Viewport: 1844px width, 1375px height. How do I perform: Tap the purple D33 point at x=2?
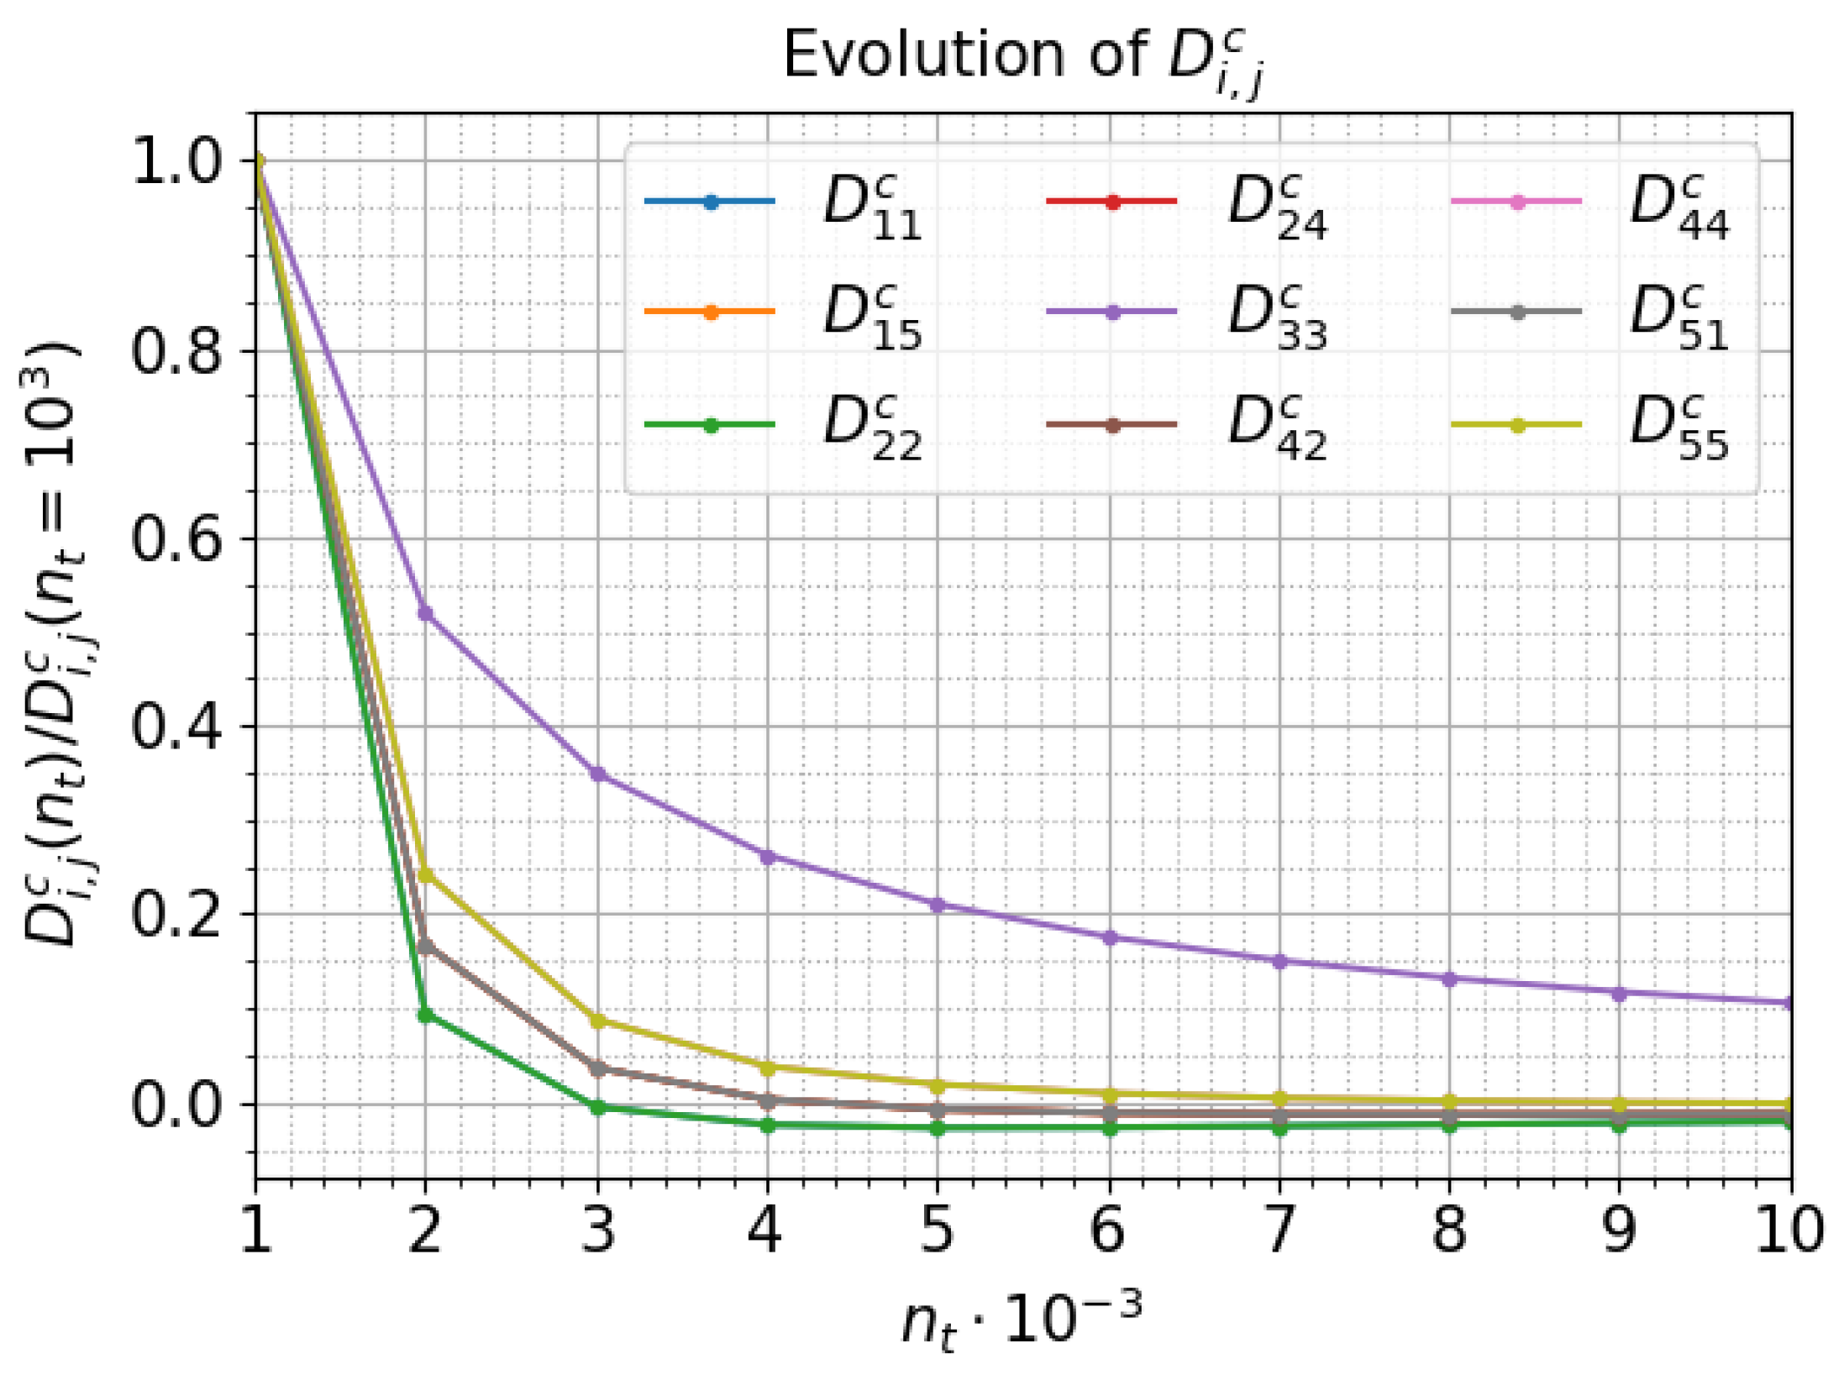[425, 614]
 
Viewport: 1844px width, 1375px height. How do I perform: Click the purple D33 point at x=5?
[938, 905]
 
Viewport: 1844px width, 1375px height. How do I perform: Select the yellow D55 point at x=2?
[425, 876]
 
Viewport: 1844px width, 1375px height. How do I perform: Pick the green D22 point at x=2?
[425, 1015]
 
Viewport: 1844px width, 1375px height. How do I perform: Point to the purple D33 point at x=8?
[1449, 979]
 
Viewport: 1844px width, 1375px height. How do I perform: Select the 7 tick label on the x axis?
[1279, 1230]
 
